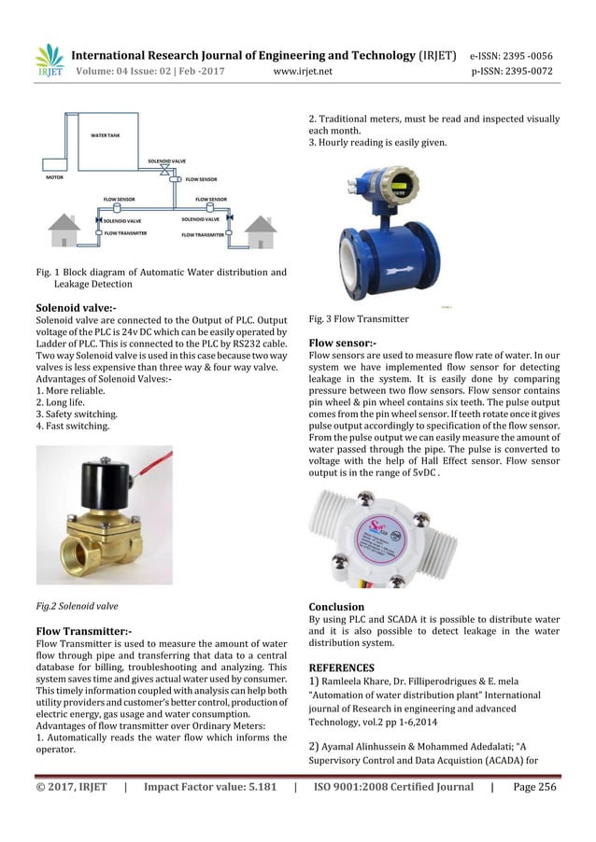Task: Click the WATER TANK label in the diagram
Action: tap(105, 135)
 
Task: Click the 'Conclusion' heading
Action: tap(336, 606)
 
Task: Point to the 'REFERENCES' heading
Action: tap(341, 667)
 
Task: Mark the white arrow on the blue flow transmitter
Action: tap(385, 266)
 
